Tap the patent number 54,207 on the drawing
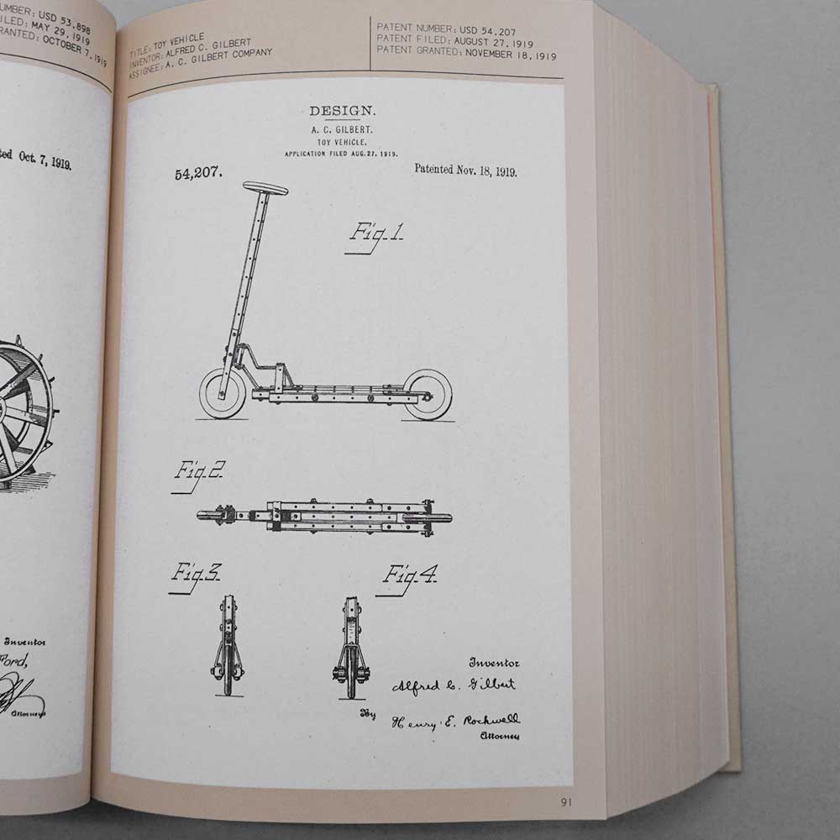tap(198, 174)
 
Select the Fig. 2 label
tap(198, 471)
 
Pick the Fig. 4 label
tap(409, 575)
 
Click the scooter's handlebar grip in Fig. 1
tap(265, 188)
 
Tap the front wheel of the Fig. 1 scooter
tap(223, 393)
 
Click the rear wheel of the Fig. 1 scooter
tap(428, 394)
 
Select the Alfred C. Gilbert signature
tap(454, 685)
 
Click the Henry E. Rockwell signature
tap(455, 722)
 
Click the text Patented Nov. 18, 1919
tap(465, 171)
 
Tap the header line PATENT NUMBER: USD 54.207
tap(446, 31)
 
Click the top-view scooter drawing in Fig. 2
tap(324, 516)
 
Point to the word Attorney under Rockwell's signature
tap(500, 737)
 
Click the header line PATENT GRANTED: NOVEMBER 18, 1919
tap(466, 55)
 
